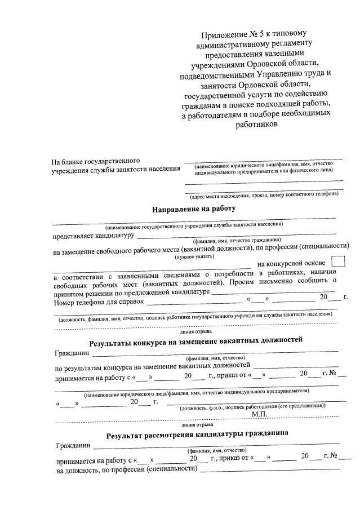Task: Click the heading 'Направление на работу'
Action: click(x=192, y=209)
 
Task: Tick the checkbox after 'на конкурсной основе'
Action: click(x=339, y=262)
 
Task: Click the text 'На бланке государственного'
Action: click(x=96, y=161)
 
